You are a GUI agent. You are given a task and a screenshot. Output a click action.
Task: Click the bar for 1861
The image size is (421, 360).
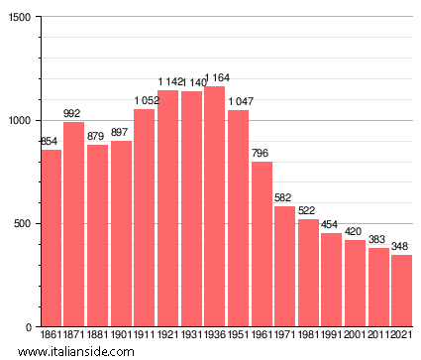[51, 238]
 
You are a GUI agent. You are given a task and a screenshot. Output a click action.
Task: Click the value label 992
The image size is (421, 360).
[74, 113]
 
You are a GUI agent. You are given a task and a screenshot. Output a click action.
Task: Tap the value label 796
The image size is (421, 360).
[262, 153]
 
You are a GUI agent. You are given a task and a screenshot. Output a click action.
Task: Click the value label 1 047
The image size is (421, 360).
[239, 101]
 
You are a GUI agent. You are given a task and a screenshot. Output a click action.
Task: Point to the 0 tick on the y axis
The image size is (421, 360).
[29, 327]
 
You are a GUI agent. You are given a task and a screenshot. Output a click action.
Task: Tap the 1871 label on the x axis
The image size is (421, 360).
[74, 337]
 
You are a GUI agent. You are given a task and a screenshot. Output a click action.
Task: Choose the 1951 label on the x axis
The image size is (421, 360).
[239, 337]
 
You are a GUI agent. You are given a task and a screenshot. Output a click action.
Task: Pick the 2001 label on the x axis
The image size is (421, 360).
[356, 337]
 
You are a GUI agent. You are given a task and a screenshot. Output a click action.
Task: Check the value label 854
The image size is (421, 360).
[51, 142]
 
